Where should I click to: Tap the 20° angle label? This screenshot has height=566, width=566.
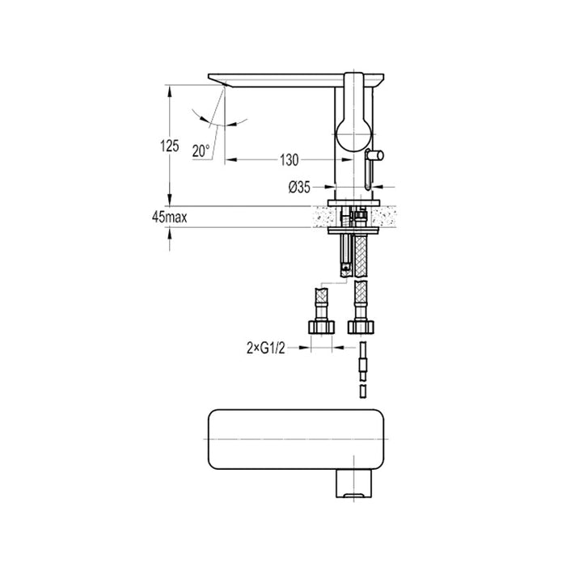pyautogui.click(x=201, y=150)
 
